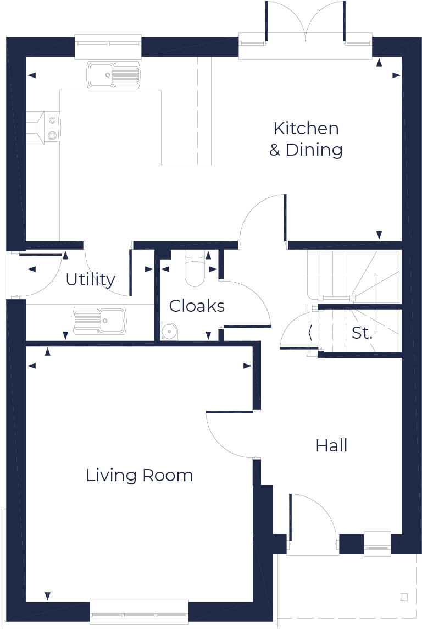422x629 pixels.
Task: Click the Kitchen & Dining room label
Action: click(306, 139)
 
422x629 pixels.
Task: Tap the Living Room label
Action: click(140, 475)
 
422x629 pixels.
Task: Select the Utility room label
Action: click(90, 279)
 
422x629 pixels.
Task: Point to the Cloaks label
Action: click(197, 306)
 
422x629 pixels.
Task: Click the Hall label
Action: click(331, 445)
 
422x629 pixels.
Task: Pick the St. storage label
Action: click(362, 333)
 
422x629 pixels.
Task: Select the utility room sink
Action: click(99, 321)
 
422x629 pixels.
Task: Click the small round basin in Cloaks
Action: click(169, 331)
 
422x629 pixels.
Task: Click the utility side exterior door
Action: click(38, 275)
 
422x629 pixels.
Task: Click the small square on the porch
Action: click(404, 597)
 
